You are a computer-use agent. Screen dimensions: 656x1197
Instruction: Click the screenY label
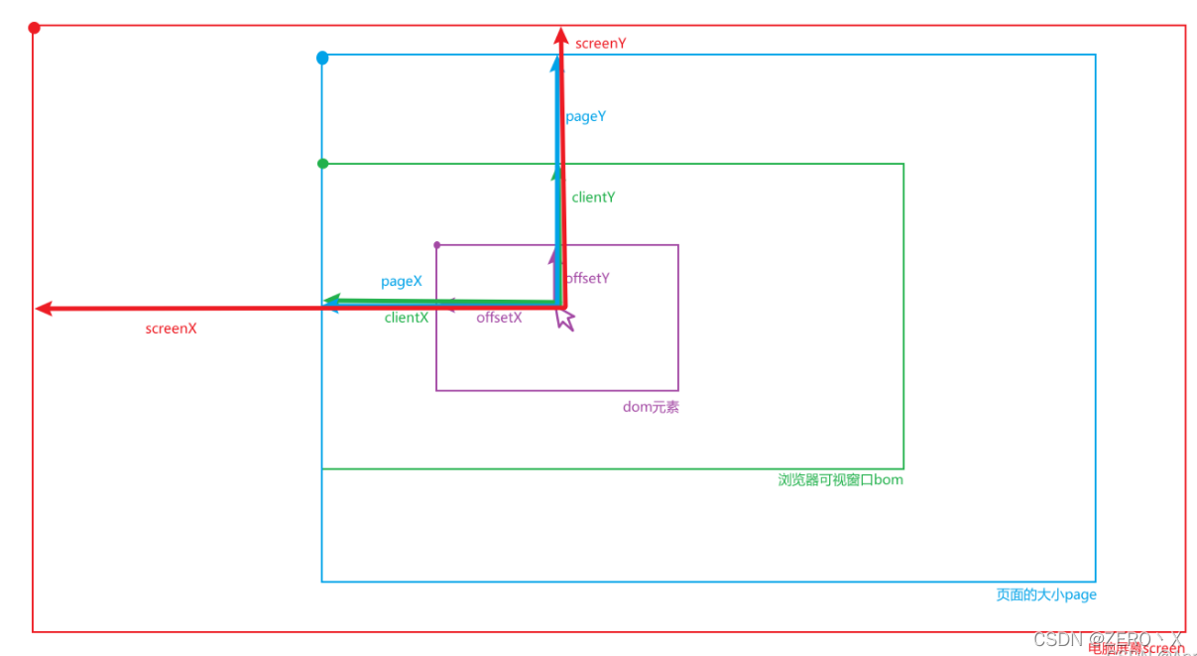click(x=600, y=44)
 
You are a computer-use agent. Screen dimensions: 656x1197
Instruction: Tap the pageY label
click(x=585, y=116)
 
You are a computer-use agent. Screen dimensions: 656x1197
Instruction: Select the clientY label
click(x=593, y=197)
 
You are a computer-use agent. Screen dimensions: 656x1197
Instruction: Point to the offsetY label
click(x=587, y=278)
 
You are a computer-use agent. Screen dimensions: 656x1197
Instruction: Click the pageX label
click(x=402, y=282)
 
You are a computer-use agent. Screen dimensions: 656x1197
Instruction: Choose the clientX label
click(x=407, y=318)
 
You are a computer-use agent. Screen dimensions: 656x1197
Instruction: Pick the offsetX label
click(x=499, y=318)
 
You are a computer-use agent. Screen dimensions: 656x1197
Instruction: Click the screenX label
click(x=171, y=328)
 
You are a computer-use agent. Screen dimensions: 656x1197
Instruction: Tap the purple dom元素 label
click(x=651, y=407)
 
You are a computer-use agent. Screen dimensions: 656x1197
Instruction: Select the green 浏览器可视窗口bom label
click(x=840, y=480)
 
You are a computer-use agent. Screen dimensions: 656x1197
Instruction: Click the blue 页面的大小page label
click(x=1046, y=594)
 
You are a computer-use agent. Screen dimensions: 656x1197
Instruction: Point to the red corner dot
click(x=34, y=28)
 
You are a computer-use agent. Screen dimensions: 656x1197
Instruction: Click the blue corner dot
click(x=322, y=59)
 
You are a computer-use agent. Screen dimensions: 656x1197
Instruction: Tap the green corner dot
click(x=322, y=163)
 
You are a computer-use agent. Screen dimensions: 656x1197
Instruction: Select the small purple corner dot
click(x=437, y=244)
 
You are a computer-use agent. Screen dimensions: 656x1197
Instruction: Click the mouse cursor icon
click(x=565, y=319)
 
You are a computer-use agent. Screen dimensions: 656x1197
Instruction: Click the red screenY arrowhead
click(x=560, y=36)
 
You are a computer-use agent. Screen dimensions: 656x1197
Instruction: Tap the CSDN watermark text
click(x=1108, y=639)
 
